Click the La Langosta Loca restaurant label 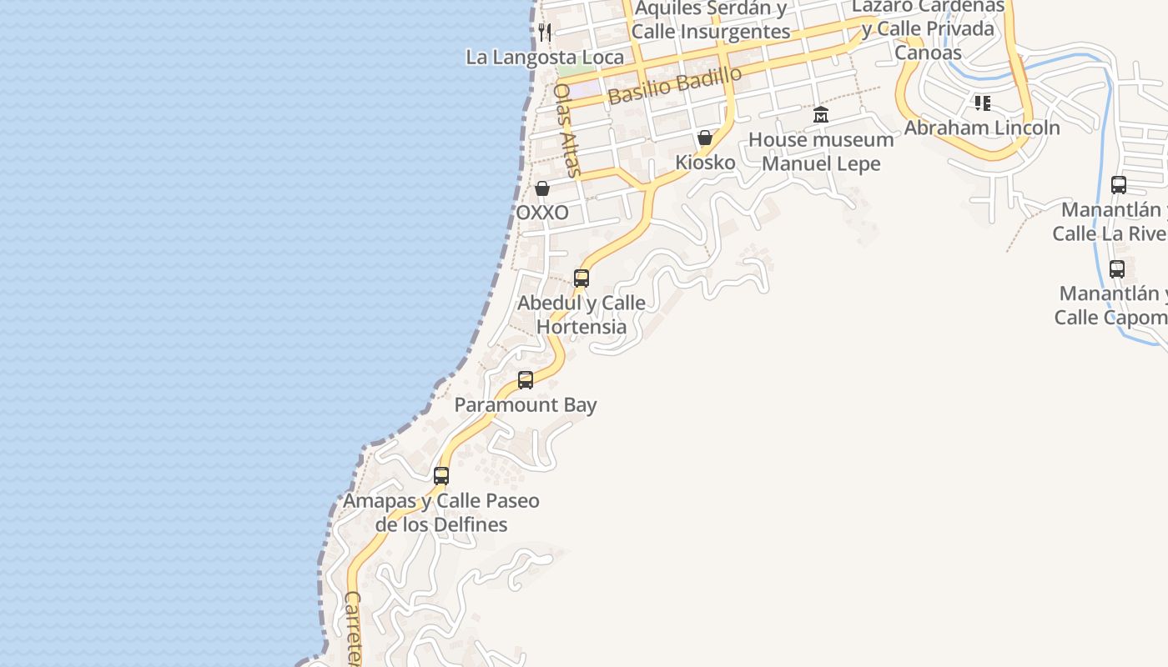pos(545,57)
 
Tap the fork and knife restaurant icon pos(545,33)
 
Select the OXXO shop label pos(542,213)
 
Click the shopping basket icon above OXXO pos(542,188)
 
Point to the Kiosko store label pos(705,162)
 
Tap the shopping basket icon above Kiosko pos(705,138)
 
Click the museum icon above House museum pos(821,115)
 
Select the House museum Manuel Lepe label pos(821,151)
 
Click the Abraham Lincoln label pos(982,128)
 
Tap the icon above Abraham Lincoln pos(982,103)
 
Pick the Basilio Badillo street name pos(675,85)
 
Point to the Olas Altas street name pos(566,130)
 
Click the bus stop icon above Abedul pos(581,278)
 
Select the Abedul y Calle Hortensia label pos(581,314)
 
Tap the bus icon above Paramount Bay pos(526,380)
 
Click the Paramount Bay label pos(526,405)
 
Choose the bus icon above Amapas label pos(441,476)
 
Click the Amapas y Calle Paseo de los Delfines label pos(441,513)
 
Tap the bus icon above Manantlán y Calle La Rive pos(1119,185)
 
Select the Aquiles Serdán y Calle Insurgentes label pos(710,20)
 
